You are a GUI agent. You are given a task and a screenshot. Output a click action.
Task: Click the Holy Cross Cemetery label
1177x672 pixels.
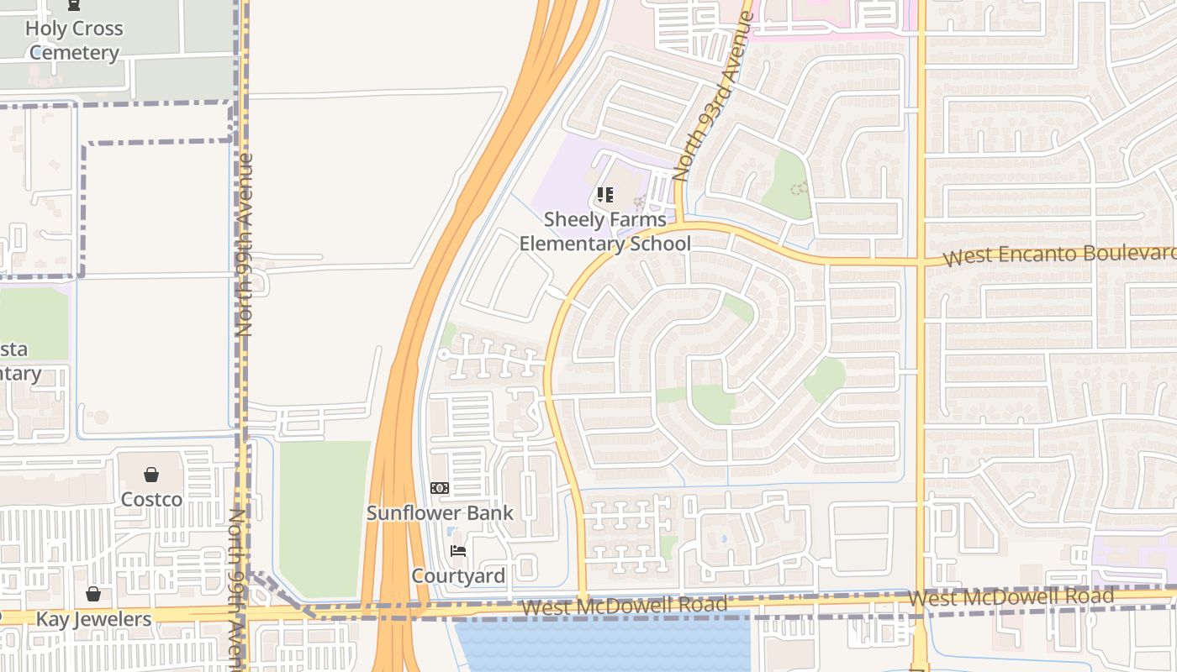pyautogui.click(x=74, y=40)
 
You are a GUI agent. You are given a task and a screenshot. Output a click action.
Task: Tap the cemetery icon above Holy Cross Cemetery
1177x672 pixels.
pyautogui.click(x=74, y=4)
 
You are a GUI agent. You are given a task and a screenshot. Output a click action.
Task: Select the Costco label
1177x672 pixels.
pyautogui.click(x=151, y=500)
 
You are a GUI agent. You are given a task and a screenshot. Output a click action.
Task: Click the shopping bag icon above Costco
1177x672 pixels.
pyautogui.click(x=151, y=475)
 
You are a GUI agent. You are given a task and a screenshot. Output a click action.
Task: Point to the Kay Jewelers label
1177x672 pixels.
pyautogui.click(x=93, y=620)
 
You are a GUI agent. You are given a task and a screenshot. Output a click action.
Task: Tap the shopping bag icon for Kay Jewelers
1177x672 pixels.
pyautogui.click(x=93, y=594)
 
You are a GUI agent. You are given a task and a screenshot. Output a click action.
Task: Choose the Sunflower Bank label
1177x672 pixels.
pyautogui.click(x=440, y=513)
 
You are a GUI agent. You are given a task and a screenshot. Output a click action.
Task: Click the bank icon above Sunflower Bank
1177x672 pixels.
pyautogui.click(x=440, y=488)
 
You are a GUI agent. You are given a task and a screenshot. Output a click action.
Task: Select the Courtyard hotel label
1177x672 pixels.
pyautogui.click(x=458, y=576)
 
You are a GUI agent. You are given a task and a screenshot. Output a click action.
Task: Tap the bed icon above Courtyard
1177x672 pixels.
pyautogui.click(x=458, y=551)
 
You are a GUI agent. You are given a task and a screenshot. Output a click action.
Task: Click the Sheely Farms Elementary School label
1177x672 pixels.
pyautogui.click(x=604, y=232)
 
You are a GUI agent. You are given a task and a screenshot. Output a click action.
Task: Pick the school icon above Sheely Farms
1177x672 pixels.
pyautogui.click(x=605, y=196)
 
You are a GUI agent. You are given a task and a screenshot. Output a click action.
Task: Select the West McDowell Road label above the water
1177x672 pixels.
pyautogui.click(x=624, y=606)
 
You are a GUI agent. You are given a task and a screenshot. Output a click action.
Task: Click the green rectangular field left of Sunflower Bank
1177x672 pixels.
pyautogui.click(x=325, y=517)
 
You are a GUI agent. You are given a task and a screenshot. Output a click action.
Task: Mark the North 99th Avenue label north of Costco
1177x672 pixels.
pyautogui.click(x=245, y=244)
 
